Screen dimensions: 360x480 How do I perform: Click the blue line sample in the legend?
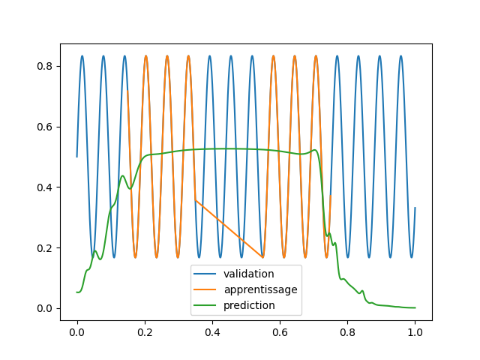click(x=206, y=274)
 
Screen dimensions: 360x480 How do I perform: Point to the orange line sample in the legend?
click(x=206, y=289)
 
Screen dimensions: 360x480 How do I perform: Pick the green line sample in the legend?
click(x=206, y=305)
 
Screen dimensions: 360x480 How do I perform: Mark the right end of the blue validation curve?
click(x=415, y=208)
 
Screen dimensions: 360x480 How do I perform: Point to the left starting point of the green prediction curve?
click(x=77, y=292)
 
